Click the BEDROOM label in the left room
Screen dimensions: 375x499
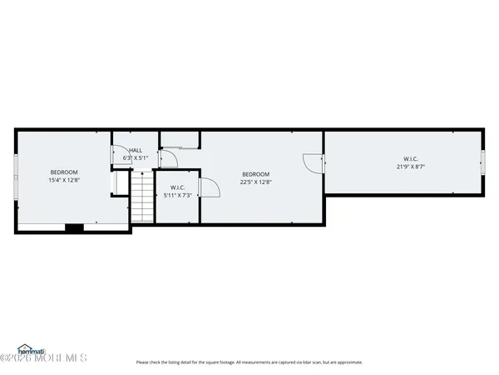click(63, 172)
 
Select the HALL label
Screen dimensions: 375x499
click(135, 150)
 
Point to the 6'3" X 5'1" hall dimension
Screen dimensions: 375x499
click(135, 157)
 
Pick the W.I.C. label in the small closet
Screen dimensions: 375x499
click(176, 187)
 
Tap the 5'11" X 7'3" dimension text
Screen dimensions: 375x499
click(176, 195)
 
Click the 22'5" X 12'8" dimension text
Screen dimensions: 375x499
click(255, 182)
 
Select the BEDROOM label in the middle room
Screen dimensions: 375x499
click(255, 173)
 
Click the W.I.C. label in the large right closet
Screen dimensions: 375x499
click(411, 158)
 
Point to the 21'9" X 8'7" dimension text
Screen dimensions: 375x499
click(411, 167)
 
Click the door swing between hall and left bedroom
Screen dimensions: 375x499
click(117, 156)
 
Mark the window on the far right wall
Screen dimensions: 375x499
click(483, 162)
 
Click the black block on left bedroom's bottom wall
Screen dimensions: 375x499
click(74, 227)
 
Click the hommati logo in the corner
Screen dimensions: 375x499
click(31, 351)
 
